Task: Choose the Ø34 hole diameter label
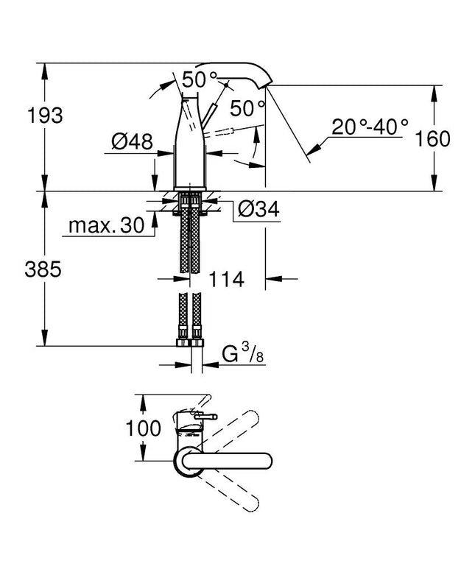258,210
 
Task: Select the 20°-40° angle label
368,127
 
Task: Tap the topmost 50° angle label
200,77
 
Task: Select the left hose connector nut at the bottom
181,342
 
